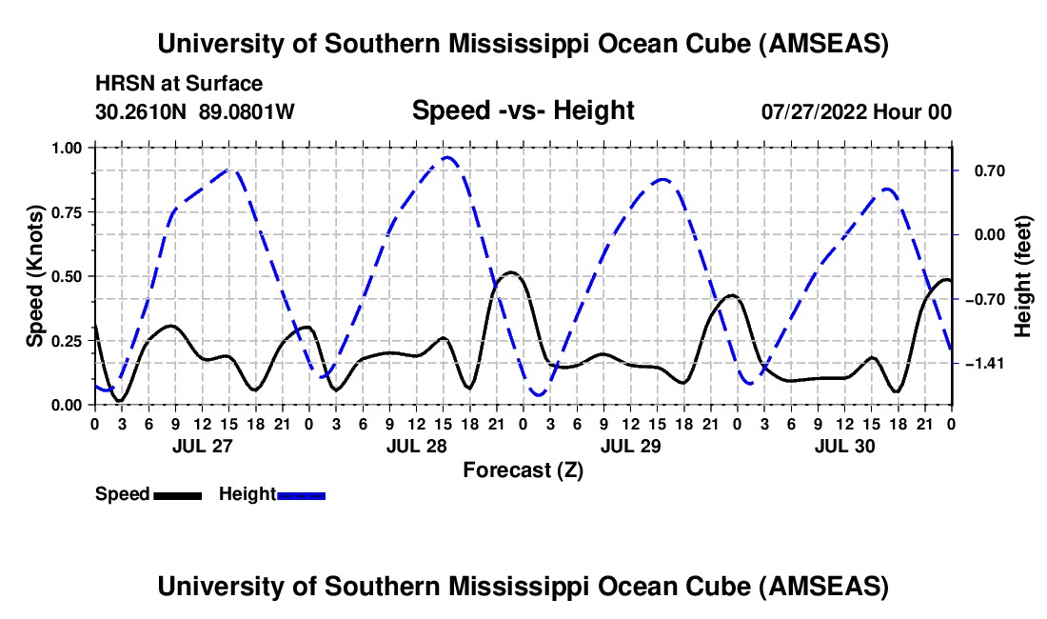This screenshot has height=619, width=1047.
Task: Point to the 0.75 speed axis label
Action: (x=67, y=212)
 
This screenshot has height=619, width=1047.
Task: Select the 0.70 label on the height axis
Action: (x=990, y=171)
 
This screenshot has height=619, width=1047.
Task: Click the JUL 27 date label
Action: (x=203, y=446)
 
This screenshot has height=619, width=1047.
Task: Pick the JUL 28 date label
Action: (x=417, y=446)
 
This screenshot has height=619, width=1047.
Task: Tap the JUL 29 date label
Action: (x=630, y=446)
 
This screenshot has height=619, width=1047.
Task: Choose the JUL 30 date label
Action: (x=844, y=446)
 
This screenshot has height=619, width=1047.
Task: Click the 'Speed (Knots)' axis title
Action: (x=34, y=276)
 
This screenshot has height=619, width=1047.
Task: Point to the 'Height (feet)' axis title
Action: (x=1023, y=276)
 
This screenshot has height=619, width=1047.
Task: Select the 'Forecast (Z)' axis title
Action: (x=523, y=470)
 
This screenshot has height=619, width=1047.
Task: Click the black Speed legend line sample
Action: (x=178, y=495)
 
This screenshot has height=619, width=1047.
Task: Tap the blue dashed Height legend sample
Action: (x=301, y=495)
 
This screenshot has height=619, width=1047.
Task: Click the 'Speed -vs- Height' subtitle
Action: (x=523, y=110)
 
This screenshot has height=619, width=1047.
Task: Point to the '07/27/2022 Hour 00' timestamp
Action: (x=857, y=111)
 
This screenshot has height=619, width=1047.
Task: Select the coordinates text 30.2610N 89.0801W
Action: (x=195, y=111)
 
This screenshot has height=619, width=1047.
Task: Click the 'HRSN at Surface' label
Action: (x=179, y=84)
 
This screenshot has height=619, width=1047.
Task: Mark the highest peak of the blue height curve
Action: (x=447, y=157)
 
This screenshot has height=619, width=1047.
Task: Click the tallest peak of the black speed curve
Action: (x=511, y=272)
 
